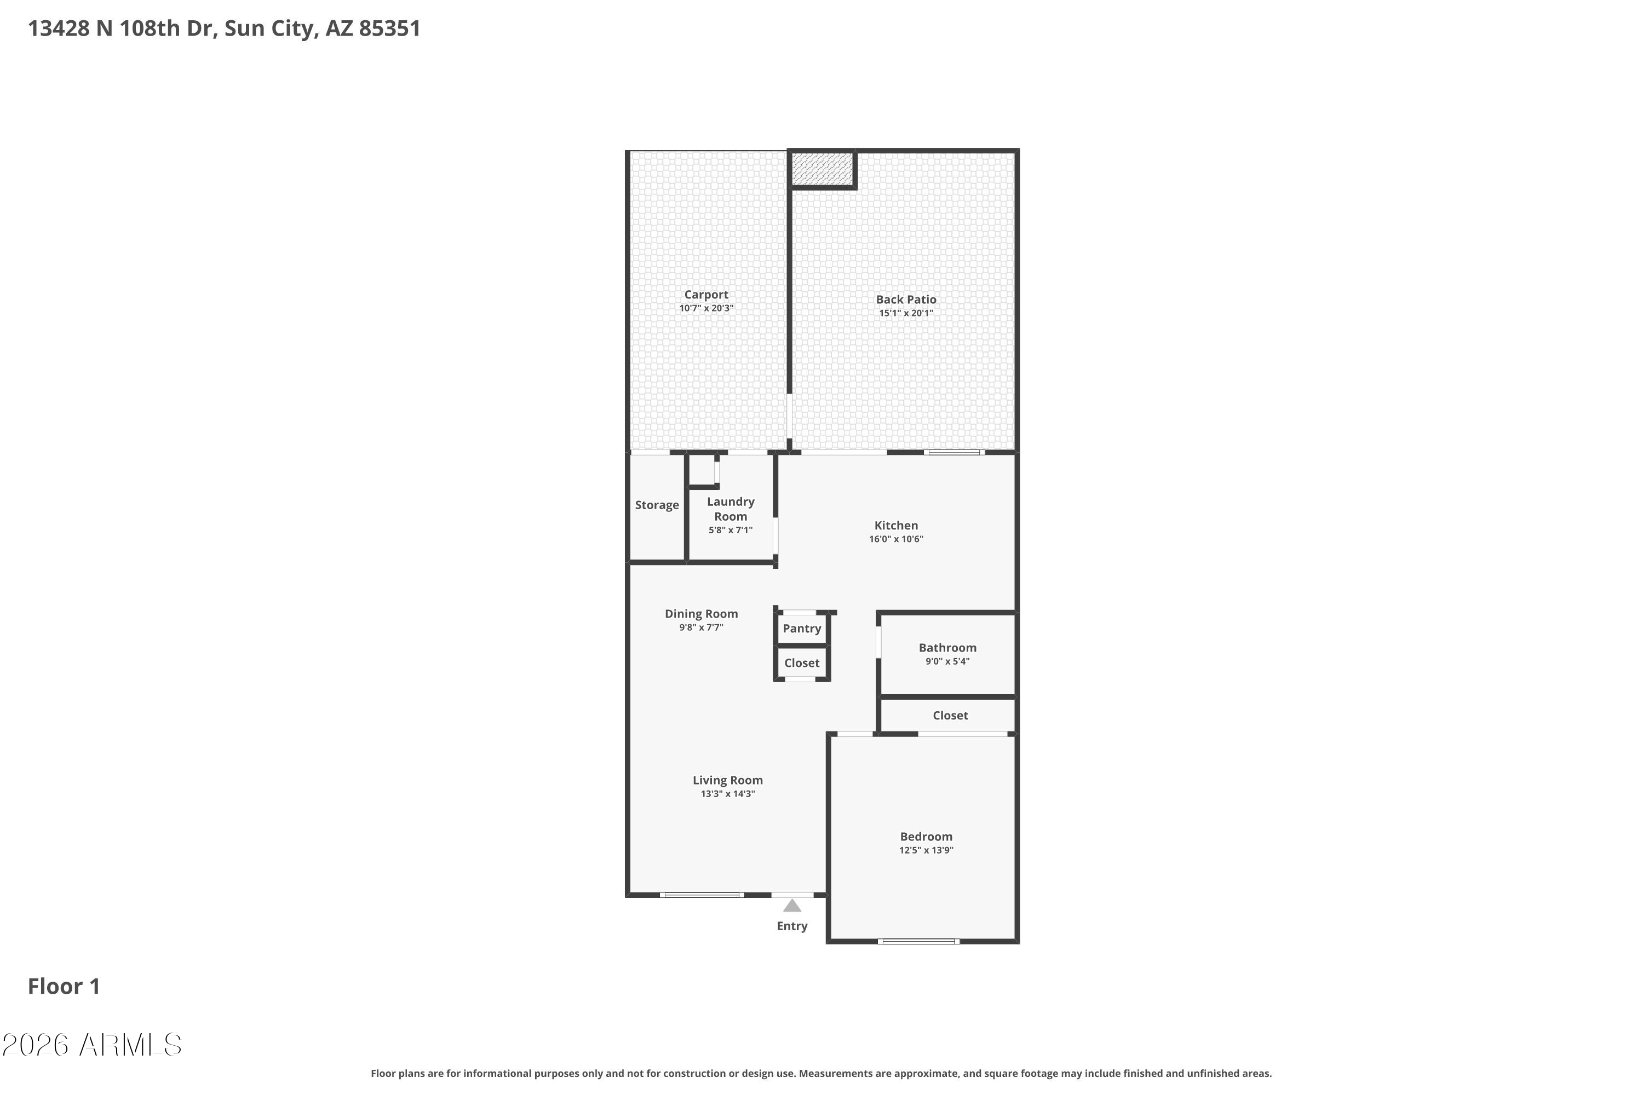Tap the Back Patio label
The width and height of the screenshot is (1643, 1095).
tap(906, 299)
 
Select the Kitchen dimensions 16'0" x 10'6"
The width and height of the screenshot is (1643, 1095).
tap(896, 539)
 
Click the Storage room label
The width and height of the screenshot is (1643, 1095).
tap(657, 505)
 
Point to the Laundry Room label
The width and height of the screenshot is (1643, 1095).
tap(731, 509)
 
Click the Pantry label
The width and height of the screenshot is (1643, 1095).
tap(802, 629)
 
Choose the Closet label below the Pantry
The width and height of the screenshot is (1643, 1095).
tap(802, 662)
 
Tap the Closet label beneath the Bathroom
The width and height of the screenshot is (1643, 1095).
tap(951, 715)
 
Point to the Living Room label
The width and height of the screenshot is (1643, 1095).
tap(728, 780)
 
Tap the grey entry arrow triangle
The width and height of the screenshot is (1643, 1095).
tap(792, 906)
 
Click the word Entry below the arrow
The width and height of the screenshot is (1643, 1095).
tap(792, 926)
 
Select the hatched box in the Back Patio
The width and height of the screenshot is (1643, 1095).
tap(823, 169)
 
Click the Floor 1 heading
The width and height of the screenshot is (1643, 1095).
tap(64, 986)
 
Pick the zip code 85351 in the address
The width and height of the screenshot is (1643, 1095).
tap(390, 28)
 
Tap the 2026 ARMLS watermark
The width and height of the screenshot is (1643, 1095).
tap(91, 1045)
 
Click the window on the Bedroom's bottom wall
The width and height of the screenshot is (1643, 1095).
tap(918, 941)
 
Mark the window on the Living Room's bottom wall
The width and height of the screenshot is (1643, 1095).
tap(702, 895)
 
